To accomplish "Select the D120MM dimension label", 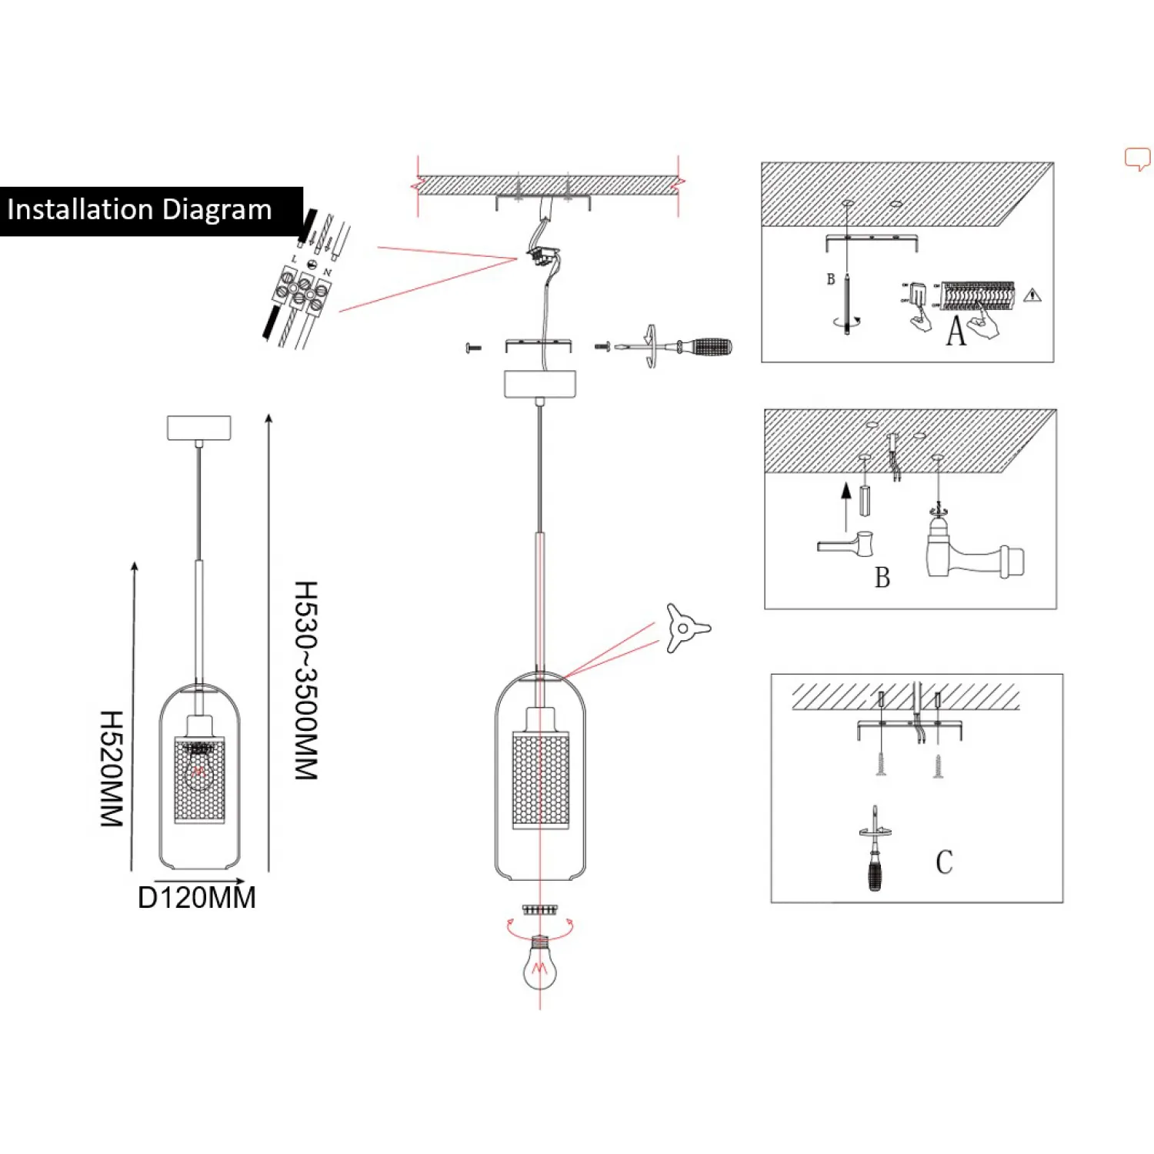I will (x=196, y=898).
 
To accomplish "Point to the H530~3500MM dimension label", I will (x=306, y=680).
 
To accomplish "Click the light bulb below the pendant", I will (x=539, y=966).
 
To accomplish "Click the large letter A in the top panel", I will (x=956, y=332).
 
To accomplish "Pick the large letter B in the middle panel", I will (x=882, y=578).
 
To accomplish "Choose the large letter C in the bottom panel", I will (x=944, y=862).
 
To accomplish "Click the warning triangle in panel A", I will (x=1032, y=295).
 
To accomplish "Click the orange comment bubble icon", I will (x=1137, y=158).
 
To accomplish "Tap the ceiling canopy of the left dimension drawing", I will (x=198, y=428).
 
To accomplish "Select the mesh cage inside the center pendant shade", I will (x=541, y=779).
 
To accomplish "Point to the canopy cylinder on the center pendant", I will (x=540, y=384).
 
